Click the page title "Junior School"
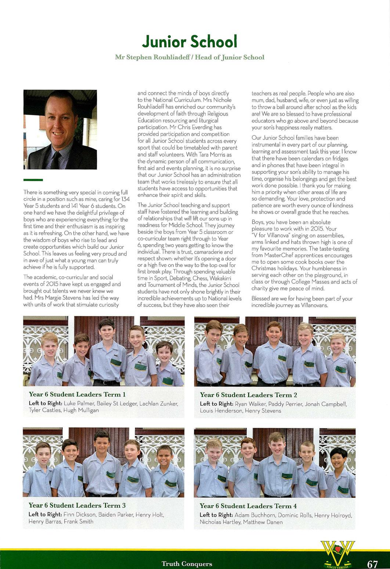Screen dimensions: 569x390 pos(189,41)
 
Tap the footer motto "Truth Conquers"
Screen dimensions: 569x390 pos(187,563)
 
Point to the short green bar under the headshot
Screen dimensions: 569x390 pos(33,180)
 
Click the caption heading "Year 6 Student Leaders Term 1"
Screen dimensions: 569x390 pos(77,394)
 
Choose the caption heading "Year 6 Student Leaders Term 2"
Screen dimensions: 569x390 pos(248,395)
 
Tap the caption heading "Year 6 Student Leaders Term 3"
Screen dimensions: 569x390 pos(77,505)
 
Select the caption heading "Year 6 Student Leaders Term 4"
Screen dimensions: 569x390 pos(248,506)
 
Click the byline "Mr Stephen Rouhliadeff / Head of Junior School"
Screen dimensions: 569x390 pos(189,57)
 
